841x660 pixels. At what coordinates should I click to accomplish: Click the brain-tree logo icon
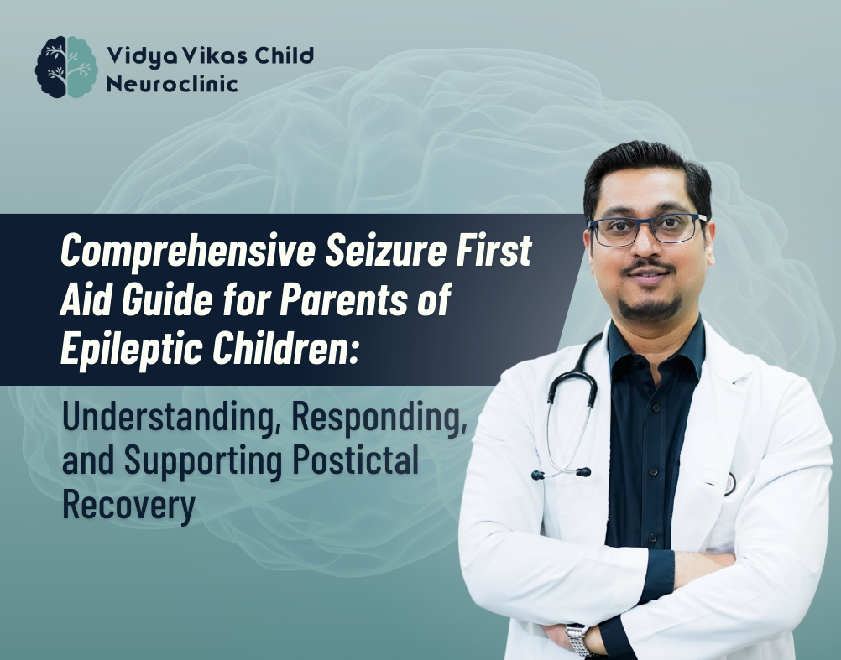click(66, 67)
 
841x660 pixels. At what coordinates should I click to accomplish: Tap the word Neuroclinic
click(172, 84)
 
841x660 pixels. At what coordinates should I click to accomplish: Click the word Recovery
click(128, 506)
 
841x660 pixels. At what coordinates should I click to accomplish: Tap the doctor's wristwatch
click(579, 640)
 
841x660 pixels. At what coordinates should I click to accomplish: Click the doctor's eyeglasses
click(648, 229)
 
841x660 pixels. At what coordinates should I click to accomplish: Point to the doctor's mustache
click(649, 266)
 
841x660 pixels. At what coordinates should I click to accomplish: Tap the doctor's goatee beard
click(650, 306)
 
